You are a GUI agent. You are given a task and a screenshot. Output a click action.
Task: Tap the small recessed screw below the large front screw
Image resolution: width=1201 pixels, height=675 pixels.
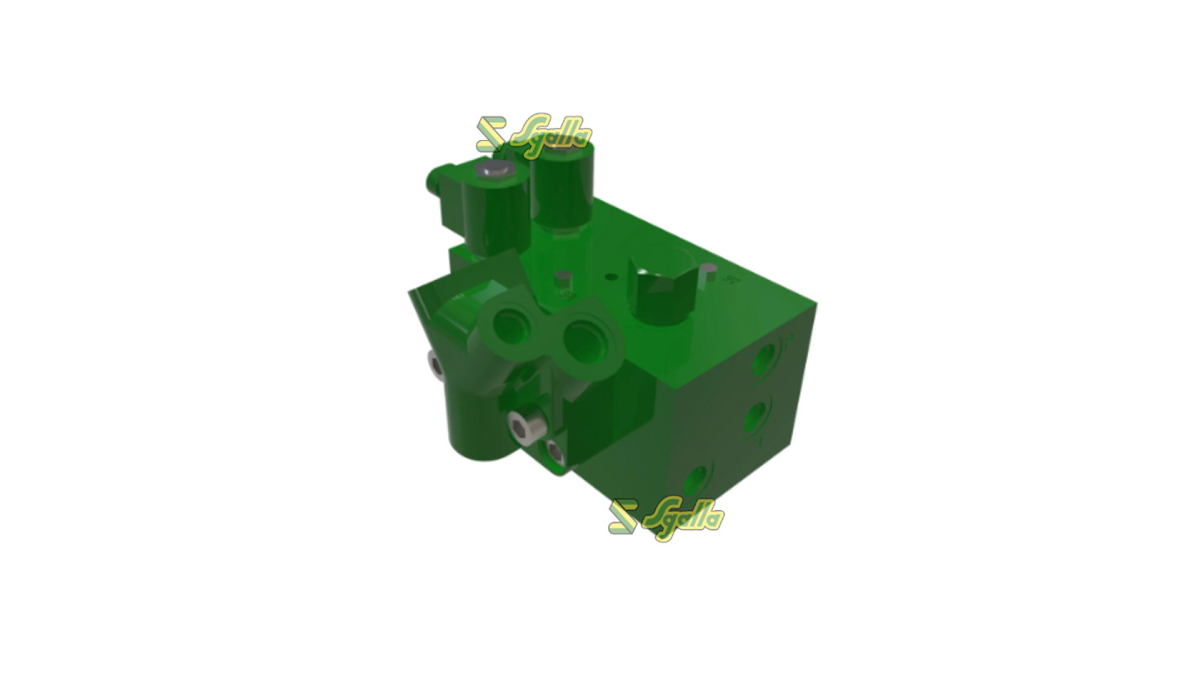tap(554, 451)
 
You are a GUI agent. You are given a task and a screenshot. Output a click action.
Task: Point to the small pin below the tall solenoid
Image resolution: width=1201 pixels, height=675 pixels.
tap(563, 277)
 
